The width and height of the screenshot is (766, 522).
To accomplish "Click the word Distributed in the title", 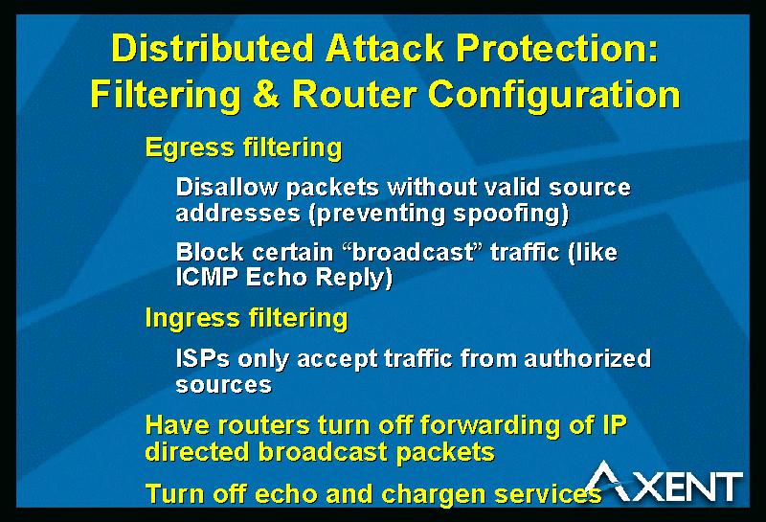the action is click(213, 49).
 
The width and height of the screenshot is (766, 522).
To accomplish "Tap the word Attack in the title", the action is click(385, 49).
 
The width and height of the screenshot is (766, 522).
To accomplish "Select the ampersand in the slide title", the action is click(266, 93).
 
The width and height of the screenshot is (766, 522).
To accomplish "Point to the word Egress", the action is click(190, 148).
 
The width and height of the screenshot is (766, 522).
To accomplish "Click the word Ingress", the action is click(192, 319).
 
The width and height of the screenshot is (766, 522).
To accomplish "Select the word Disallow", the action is click(227, 187).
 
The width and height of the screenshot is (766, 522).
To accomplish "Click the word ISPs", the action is click(203, 358).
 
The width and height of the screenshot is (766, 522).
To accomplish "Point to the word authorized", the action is click(588, 358).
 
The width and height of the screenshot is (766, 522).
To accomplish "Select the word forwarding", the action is click(490, 426).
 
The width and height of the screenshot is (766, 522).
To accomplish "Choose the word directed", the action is click(197, 452).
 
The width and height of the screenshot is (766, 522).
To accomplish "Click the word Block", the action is click(210, 252).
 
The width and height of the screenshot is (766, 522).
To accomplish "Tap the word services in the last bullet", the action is click(548, 494).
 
